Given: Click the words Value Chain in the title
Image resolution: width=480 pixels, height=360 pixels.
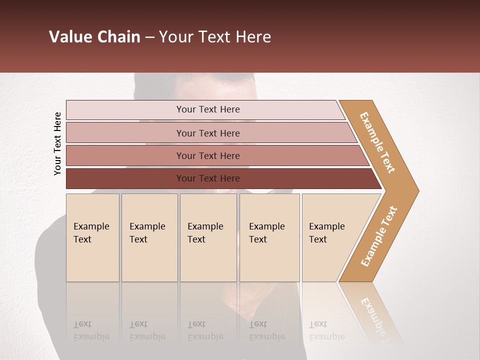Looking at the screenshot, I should [94, 37].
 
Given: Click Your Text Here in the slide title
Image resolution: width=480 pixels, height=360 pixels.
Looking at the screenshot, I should [215, 37].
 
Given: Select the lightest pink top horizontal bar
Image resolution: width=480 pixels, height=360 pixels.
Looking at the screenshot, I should [125, 110].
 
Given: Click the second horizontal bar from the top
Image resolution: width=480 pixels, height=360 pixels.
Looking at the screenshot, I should [125, 133].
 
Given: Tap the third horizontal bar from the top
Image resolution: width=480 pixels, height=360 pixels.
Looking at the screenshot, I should [125, 155].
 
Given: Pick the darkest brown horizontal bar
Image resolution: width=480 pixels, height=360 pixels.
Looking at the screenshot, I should [125, 178].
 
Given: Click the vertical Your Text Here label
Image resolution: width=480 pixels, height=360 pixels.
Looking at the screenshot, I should [57, 143].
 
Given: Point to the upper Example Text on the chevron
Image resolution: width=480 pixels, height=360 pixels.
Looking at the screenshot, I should [377, 142].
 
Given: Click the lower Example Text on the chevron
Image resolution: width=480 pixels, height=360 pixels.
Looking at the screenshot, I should [379, 236].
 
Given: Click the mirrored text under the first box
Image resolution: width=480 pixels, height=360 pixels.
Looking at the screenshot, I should [91, 330].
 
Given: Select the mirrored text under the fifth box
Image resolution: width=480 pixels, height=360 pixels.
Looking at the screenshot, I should [326, 330].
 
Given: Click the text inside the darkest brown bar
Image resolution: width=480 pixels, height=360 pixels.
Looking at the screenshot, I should [208, 178].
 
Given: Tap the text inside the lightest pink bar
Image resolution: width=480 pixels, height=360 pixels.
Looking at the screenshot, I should [208, 109].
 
